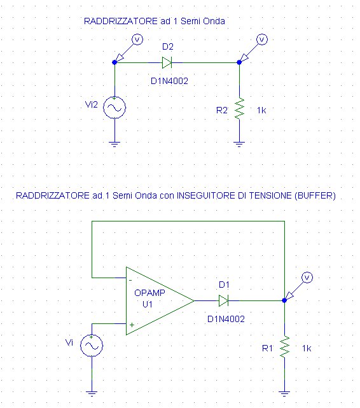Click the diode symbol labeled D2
click(x=167, y=63)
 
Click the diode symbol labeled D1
click(x=223, y=301)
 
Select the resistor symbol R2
click(x=239, y=108)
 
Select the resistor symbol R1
click(x=284, y=347)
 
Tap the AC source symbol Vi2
click(x=114, y=108)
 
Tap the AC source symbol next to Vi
click(x=92, y=346)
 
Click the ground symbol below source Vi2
click(x=114, y=144)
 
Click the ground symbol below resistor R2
click(x=239, y=144)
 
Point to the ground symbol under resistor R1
click(x=284, y=393)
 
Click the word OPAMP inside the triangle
click(x=149, y=293)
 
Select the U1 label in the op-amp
click(x=148, y=304)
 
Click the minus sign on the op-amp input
click(x=130, y=280)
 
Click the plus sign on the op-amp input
click(x=132, y=325)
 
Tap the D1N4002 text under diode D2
click(x=169, y=81)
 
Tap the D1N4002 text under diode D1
click(x=226, y=319)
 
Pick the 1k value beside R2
click(x=261, y=111)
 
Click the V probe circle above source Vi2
click(x=137, y=39)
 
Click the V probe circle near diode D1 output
click(x=307, y=278)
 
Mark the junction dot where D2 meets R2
click(x=239, y=62)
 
